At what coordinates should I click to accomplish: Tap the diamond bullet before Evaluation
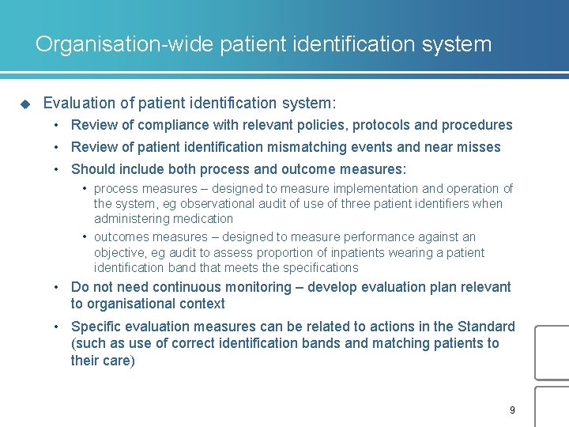pos(24,104)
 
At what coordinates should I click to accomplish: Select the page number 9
pos(512,410)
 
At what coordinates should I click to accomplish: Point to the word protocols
pos(381,125)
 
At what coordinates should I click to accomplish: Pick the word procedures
pos(477,125)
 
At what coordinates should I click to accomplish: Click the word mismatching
pos(303,147)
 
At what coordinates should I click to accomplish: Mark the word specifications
pos(317,268)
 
